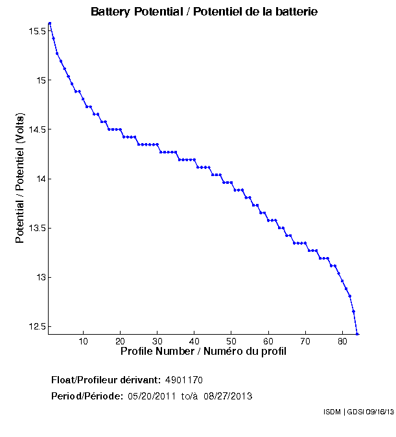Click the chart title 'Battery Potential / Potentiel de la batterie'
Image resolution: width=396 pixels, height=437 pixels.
204,12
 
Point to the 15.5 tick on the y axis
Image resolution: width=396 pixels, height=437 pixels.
36,31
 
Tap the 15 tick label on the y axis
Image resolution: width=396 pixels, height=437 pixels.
40,80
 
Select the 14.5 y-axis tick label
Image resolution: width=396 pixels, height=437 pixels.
36,129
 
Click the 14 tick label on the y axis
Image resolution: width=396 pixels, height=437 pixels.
40,179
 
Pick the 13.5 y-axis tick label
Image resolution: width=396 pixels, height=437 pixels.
36,228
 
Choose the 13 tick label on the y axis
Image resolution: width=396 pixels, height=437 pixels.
40,277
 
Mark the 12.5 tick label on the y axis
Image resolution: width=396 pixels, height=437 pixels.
36,326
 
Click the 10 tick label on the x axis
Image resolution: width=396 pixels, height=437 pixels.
83,341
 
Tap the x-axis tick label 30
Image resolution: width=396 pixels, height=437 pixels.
157,341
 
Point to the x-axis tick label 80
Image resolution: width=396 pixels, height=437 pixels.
342,341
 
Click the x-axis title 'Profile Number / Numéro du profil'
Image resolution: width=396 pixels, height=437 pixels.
204,352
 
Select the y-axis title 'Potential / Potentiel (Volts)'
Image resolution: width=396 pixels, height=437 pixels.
20,179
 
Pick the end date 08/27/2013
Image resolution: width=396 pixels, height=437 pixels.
228,396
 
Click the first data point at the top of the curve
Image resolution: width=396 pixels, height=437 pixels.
50,23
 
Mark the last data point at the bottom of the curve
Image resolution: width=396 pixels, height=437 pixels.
357,334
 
